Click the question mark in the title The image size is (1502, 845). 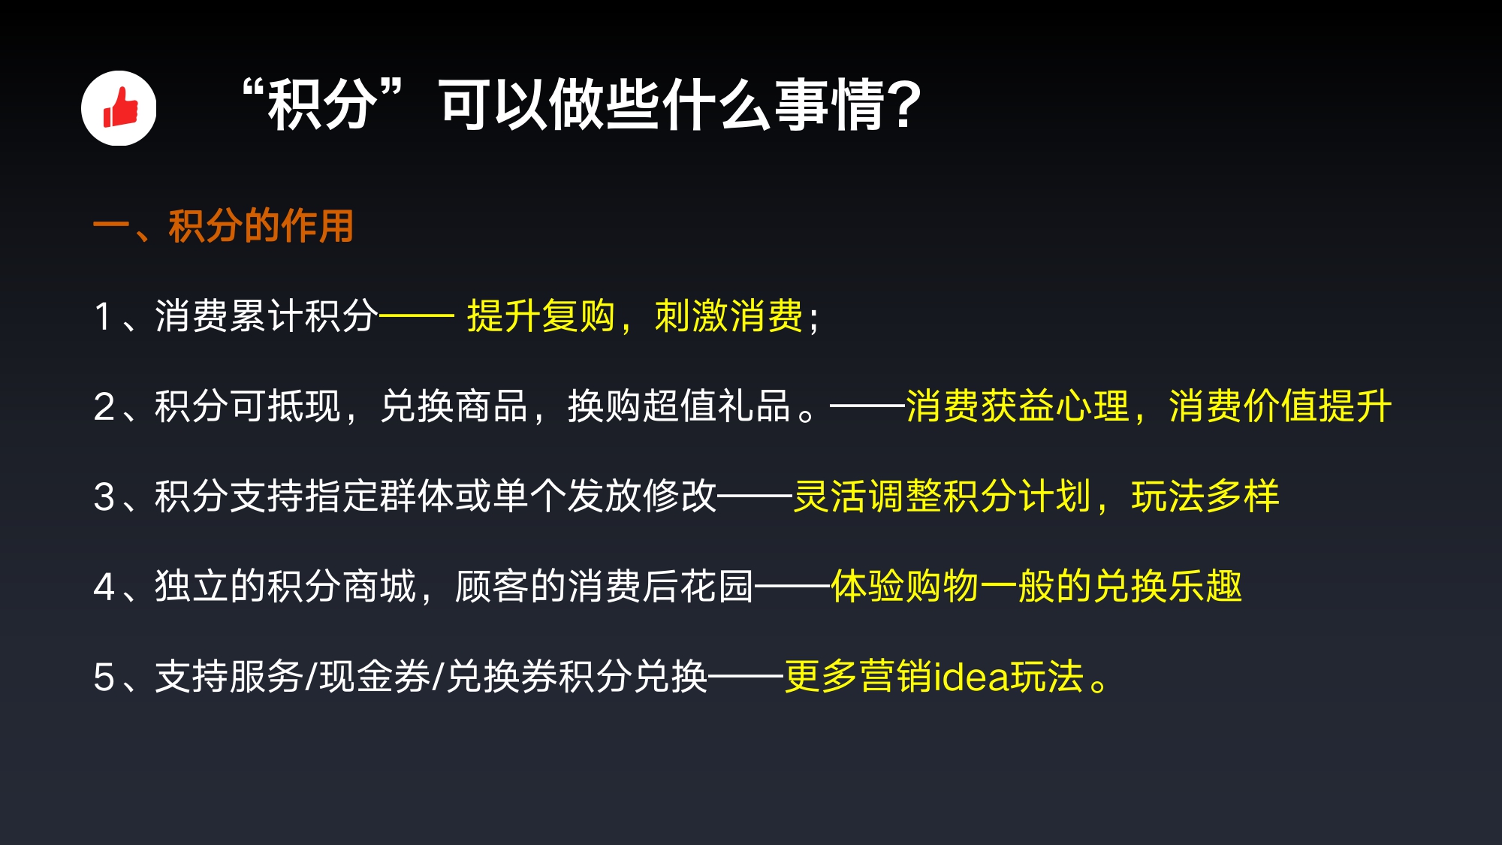903,104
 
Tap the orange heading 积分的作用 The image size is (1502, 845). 261,225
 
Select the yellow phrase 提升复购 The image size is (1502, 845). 541,315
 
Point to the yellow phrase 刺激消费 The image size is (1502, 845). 728,315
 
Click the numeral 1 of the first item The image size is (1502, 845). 103,316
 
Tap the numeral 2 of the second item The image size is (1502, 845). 104,406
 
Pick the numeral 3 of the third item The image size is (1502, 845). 104,496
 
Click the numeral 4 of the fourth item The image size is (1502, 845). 104,587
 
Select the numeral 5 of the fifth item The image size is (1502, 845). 104,677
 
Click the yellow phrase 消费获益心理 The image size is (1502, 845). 1018,406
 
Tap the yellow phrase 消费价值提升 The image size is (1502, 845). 1280,406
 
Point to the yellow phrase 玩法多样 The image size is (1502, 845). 1205,496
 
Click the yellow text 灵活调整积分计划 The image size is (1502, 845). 943,496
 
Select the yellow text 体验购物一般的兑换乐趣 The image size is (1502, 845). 1036,586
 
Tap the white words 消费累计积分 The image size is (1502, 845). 267,315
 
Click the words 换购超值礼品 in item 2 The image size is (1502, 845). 680,406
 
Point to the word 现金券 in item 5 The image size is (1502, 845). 375,676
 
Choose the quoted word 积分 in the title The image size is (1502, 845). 322,104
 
